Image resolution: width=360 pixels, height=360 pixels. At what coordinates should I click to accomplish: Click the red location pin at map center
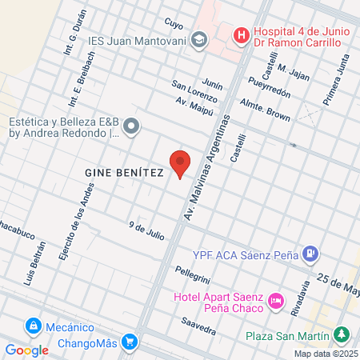180,163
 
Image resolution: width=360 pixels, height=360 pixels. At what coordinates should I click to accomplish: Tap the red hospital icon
239,36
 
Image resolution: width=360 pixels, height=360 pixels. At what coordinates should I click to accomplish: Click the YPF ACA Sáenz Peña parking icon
310,256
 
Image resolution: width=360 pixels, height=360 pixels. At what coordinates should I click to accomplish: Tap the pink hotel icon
276,302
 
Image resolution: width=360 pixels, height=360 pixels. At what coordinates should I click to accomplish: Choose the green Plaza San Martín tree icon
342,333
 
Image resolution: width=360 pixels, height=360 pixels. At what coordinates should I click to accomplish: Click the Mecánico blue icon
34,326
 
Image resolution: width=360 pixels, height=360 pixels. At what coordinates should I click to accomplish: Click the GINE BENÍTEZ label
123,172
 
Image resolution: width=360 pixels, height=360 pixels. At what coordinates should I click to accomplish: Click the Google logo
27,350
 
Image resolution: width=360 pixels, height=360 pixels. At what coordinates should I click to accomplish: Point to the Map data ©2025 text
326,354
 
